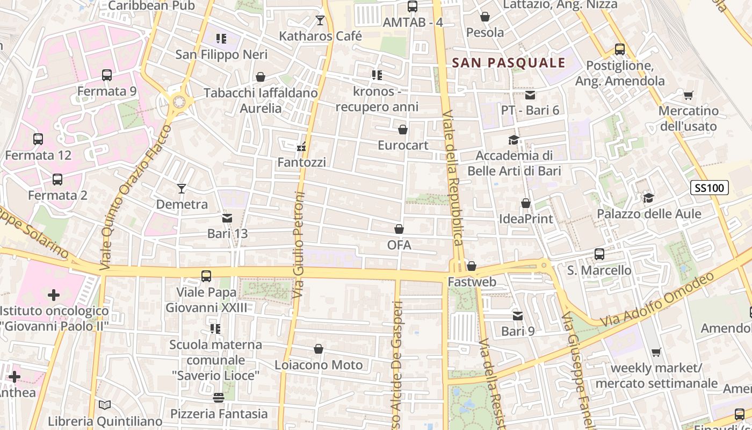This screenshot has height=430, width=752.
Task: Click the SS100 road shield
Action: (709, 188)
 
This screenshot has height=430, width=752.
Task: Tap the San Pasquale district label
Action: (509, 63)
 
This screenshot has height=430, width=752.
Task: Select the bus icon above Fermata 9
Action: (107, 75)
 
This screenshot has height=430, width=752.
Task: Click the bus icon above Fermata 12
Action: (38, 139)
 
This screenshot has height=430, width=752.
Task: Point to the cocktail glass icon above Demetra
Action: (182, 189)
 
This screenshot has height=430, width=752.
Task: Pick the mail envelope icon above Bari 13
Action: (227, 218)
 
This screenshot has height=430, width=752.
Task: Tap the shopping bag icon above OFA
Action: (399, 230)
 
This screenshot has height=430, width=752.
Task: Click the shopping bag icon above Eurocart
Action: (403, 130)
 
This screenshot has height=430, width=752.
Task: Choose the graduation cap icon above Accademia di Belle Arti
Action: (514, 140)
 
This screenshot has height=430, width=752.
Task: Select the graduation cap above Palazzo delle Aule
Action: (649, 198)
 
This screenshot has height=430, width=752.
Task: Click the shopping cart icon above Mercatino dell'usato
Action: (688, 96)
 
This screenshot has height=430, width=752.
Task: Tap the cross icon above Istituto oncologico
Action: (54, 295)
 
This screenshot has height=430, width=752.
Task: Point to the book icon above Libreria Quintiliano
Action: (105, 405)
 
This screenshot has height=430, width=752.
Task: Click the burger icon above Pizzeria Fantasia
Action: (218, 398)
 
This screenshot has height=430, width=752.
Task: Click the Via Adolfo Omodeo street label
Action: (658, 299)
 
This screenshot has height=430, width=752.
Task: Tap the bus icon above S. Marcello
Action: (599, 254)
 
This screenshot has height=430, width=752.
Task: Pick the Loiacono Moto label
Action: (319, 365)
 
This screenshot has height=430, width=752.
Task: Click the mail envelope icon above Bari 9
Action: (518, 316)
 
